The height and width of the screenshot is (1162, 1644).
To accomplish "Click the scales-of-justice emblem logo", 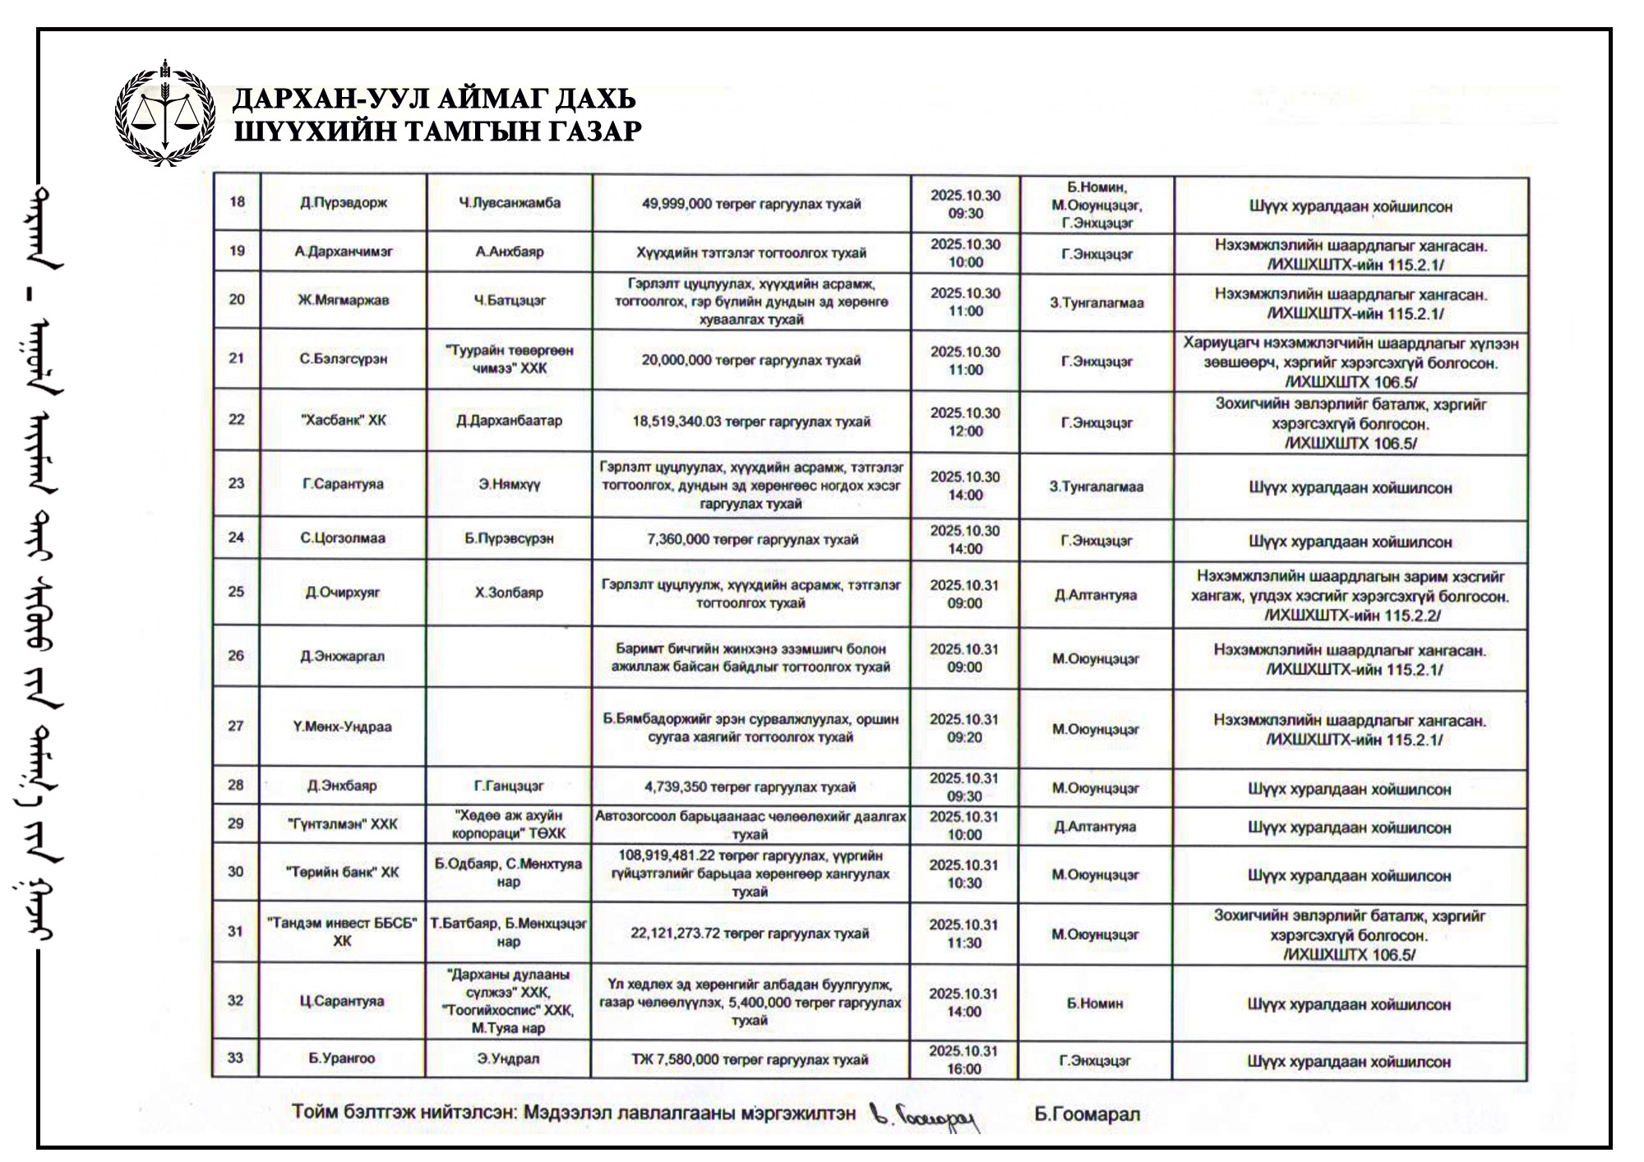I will pos(164,114).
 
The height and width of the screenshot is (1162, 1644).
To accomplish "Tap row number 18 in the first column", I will pos(237,202).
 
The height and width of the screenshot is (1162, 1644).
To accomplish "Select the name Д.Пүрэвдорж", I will pos(344,203).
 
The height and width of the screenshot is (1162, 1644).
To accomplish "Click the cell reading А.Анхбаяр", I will pos(510,251).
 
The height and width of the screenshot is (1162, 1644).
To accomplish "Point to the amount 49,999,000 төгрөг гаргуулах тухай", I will pos(751,204).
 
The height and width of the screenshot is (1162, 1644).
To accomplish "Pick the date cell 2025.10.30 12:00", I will pos(965,422).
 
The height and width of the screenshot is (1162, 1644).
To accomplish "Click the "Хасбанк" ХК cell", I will pos(344,420).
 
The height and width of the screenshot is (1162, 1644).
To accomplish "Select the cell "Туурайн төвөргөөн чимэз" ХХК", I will pos(510,359).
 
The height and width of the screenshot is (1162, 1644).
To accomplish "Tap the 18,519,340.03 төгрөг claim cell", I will pos(751,422).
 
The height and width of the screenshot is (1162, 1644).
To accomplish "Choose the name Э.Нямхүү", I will pos(510,485).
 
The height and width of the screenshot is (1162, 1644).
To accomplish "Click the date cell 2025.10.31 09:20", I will pos(964,728).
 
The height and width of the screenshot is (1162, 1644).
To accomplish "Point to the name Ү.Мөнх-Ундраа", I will pos(343,726).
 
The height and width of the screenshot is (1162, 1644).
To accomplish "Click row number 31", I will pos(235,931).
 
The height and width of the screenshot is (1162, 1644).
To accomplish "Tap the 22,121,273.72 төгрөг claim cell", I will pos(750,934).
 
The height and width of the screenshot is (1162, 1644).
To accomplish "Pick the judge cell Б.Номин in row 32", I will pos(1095,1003).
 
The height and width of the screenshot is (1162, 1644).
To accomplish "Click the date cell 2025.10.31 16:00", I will pos(963,1060).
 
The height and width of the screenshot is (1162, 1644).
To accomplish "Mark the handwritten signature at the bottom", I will pos(926,1117).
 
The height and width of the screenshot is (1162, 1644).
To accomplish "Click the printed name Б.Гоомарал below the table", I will pos(1087,1114).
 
